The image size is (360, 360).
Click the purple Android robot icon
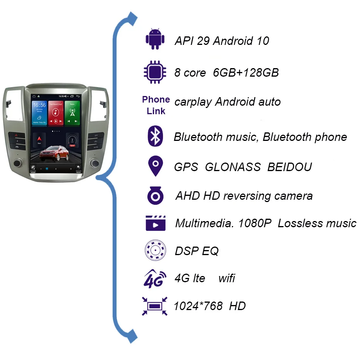tap(155, 39)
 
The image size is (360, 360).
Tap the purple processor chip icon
tap(155, 72)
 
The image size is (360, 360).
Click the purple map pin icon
tap(155, 166)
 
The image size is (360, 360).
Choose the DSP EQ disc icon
tap(155, 250)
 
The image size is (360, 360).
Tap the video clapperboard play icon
tap(155, 223)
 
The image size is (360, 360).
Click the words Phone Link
tap(156, 105)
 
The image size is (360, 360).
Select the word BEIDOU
tap(290, 167)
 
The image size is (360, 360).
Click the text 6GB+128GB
tap(246, 72)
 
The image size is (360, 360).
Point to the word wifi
tap(226, 278)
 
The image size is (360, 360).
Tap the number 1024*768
tap(198, 306)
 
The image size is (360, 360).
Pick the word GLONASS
tap(232, 167)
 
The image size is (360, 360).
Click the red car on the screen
tap(55, 153)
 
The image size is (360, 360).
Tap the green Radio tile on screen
tap(72, 112)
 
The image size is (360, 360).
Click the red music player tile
tap(55, 112)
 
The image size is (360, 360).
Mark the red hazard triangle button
tap(16, 136)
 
